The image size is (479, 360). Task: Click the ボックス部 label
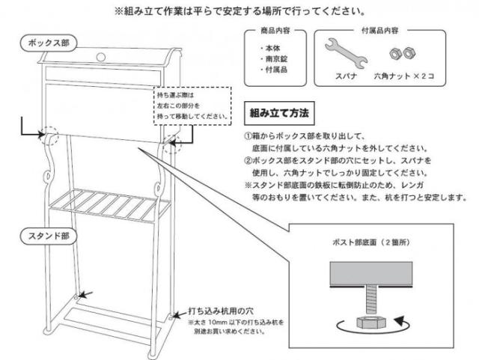pos(48,43)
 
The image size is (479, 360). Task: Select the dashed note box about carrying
pos(192,106)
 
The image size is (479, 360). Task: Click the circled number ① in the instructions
pos(248,138)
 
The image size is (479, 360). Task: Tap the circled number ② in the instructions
pos(248,161)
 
